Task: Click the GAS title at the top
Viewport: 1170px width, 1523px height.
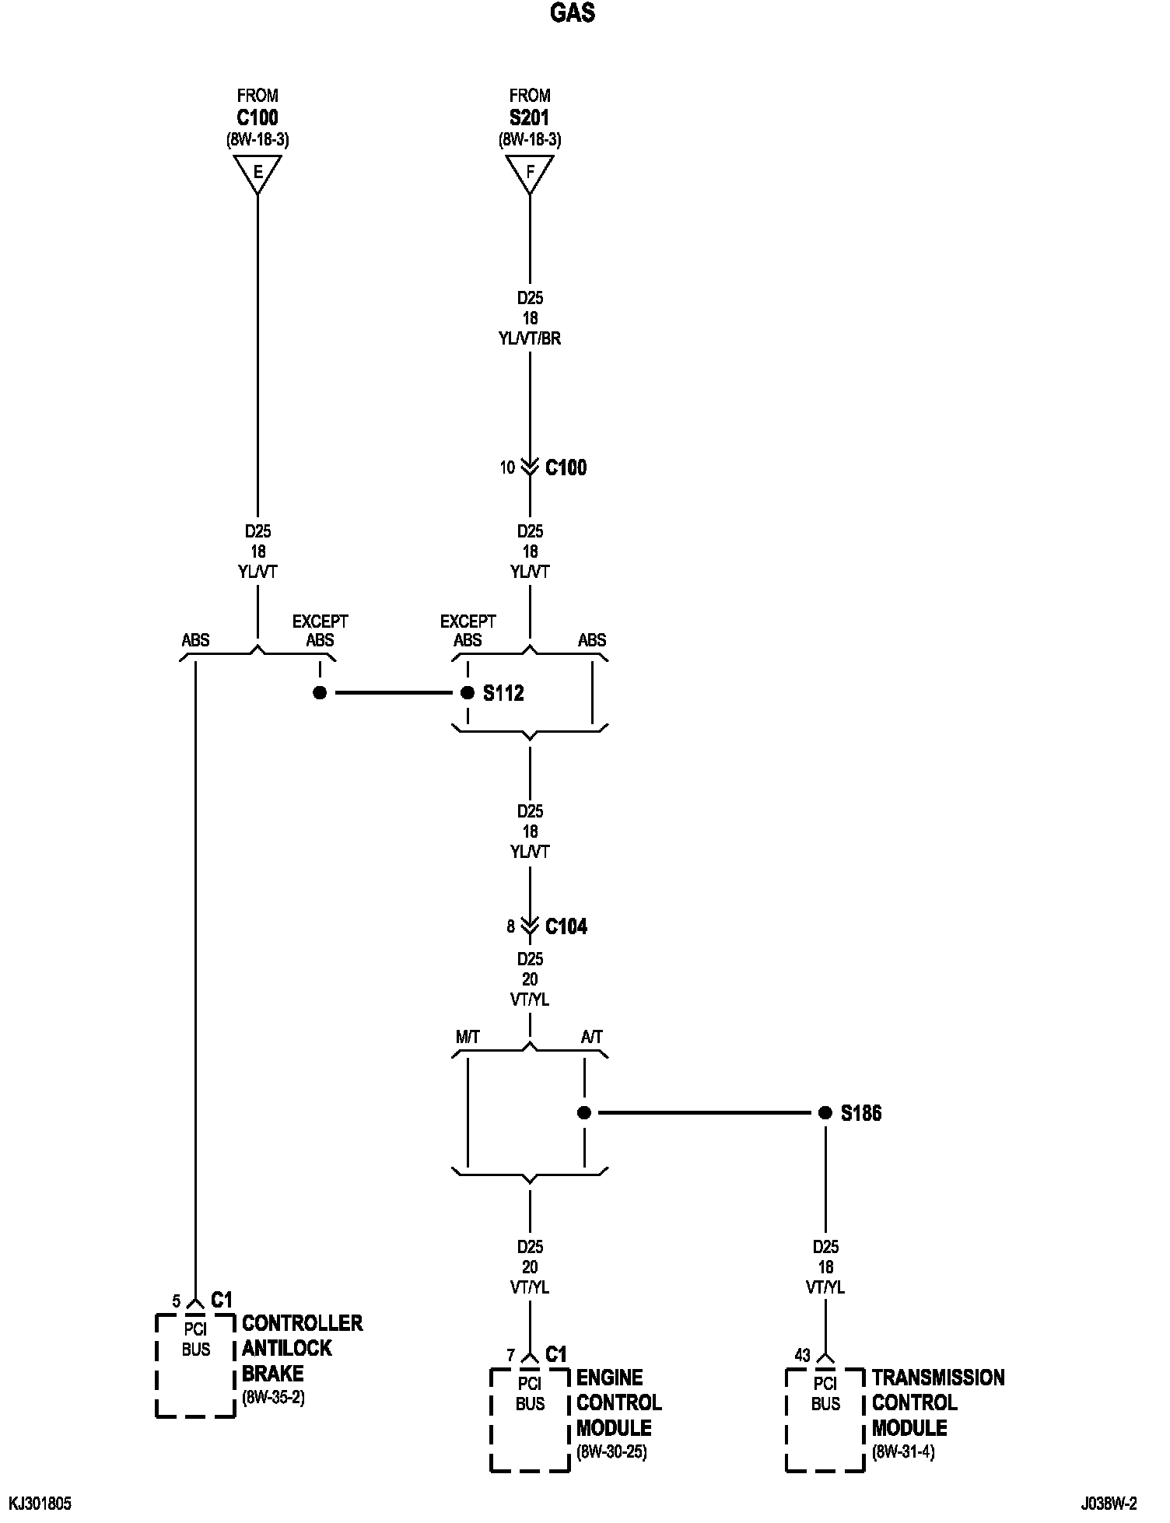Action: click(573, 13)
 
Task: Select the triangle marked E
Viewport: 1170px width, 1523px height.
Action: click(257, 172)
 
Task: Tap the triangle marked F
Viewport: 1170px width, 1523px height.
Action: click(530, 172)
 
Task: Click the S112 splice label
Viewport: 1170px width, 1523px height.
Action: click(503, 693)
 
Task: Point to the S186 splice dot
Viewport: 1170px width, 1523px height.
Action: click(825, 1113)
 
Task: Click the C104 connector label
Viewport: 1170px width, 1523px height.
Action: click(566, 926)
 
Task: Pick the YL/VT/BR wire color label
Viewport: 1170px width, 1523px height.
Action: click(530, 338)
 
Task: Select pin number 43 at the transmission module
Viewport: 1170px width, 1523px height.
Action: click(802, 1356)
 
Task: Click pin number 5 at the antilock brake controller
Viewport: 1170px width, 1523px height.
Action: click(177, 1301)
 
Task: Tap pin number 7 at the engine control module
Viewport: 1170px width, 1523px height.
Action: click(511, 1356)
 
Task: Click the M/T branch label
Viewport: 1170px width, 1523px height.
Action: click(468, 1037)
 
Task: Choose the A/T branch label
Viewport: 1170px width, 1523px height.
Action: click(591, 1037)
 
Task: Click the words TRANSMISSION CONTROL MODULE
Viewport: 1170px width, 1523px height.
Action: click(937, 1402)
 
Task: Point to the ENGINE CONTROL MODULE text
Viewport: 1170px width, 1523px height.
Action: click(618, 1402)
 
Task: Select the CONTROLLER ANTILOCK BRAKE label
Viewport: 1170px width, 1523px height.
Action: click(302, 1348)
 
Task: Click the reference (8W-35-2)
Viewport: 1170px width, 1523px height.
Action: click(273, 1397)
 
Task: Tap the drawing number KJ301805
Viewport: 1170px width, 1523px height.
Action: click(40, 1504)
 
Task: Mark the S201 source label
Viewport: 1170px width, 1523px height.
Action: click(530, 118)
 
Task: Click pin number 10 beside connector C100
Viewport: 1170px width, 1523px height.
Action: click(507, 467)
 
